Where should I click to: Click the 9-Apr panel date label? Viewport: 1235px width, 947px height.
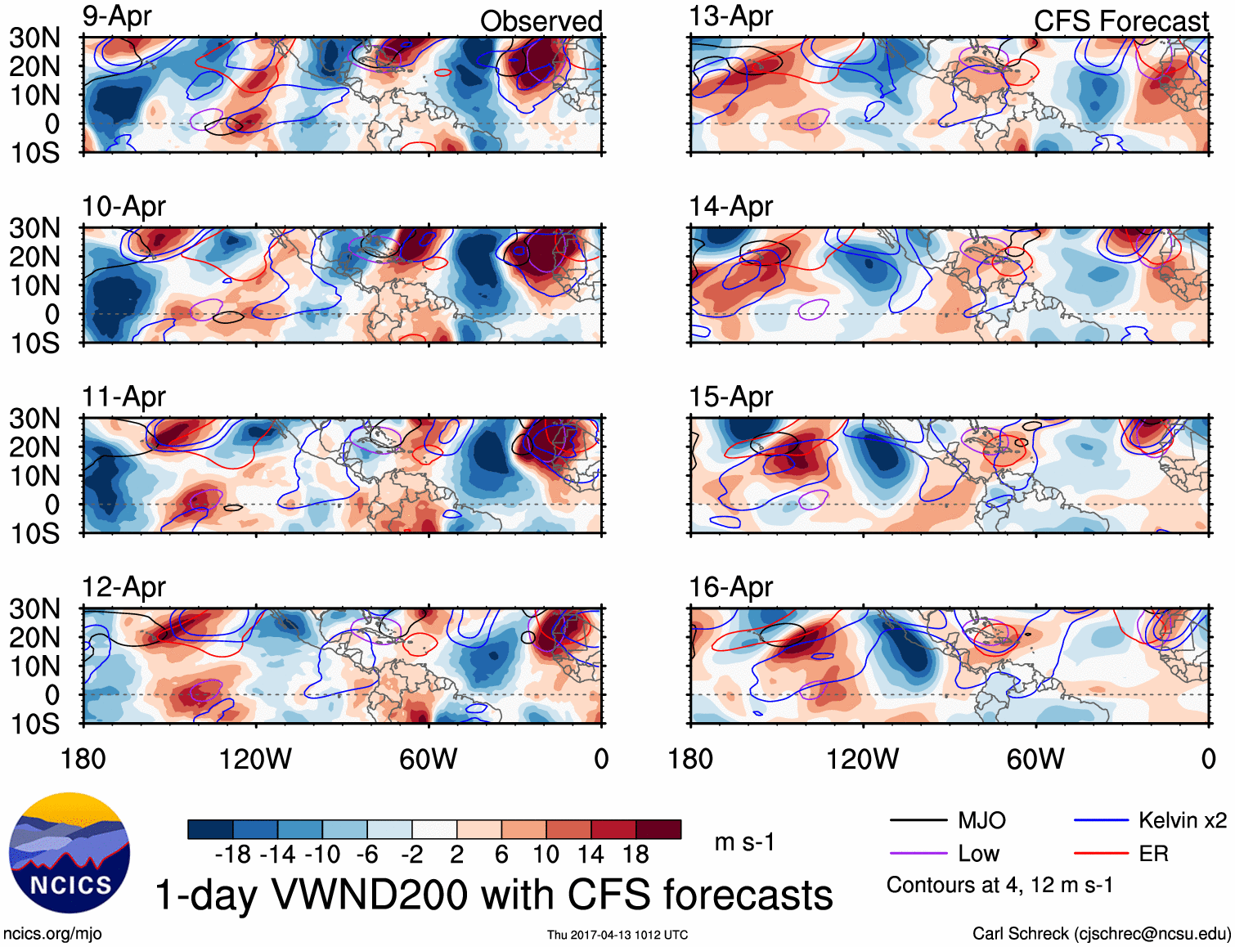click(x=117, y=16)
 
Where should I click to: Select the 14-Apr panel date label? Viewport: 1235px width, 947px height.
click(x=730, y=207)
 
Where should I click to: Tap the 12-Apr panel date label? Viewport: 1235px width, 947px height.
click(x=123, y=587)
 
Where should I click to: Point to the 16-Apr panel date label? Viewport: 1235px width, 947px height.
click(x=730, y=587)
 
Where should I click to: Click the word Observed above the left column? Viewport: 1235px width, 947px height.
click(x=541, y=21)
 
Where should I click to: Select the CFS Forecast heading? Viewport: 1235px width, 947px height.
click(x=1120, y=21)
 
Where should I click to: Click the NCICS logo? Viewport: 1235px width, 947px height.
click(x=70, y=853)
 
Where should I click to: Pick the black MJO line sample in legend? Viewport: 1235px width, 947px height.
click(x=918, y=820)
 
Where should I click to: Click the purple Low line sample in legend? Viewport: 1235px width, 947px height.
click(x=918, y=854)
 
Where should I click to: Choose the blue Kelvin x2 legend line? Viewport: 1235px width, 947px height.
click(x=1101, y=820)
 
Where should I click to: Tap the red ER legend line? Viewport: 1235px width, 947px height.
click(x=1101, y=854)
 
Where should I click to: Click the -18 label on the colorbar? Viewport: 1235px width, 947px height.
click(x=233, y=855)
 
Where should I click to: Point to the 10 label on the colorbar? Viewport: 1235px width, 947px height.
click(x=546, y=855)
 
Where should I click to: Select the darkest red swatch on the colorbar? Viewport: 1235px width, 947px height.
click(x=658, y=829)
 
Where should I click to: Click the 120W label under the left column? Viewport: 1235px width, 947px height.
click(x=255, y=759)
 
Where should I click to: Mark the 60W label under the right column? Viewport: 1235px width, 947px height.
click(x=1035, y=759)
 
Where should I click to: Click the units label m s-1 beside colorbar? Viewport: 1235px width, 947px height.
click(x=744, y=842)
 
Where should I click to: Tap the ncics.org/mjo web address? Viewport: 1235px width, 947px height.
click(x=52, y=934)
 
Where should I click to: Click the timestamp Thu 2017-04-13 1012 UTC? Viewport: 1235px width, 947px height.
click(x=617, y=935)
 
